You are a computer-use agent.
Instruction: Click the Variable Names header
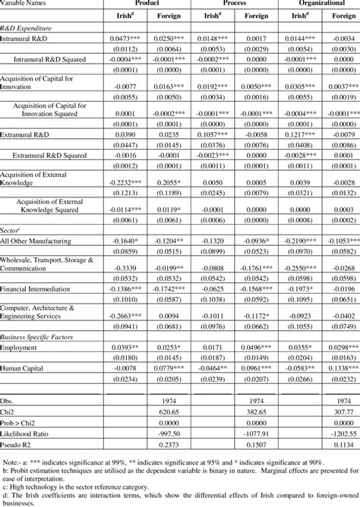[27, 3]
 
